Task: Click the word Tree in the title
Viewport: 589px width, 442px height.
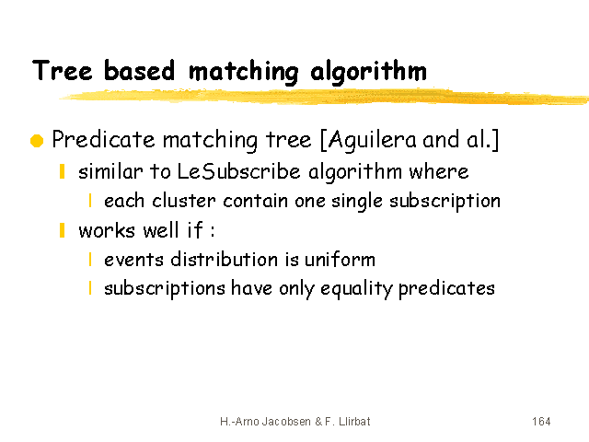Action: coord(62,70)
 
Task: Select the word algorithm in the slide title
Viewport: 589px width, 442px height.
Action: coord(368,72)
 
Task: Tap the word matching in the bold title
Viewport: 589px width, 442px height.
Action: coord(244,72)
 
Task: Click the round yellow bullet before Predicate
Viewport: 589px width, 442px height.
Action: coord(37,141)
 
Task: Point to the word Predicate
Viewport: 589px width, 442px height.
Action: coord(103,139)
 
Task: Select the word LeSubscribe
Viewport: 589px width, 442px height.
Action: coord(238,171)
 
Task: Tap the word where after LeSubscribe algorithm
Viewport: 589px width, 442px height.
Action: coord(439,172)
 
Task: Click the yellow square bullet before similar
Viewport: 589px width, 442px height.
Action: coord(63,171)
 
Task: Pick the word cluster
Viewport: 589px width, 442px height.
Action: coord(184,201)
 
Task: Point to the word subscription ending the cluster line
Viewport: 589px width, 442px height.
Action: coord(445,202)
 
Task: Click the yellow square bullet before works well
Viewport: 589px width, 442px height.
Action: coord(63,230)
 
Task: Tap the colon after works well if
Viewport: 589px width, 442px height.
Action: coord(213,230)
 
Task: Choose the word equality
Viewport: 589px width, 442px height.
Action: coord(356,289)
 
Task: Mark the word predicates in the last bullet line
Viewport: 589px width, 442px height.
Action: coord(446,289)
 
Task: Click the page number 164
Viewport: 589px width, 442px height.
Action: coord(541,422)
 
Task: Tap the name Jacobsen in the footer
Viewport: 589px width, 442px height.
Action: coord(286,422)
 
